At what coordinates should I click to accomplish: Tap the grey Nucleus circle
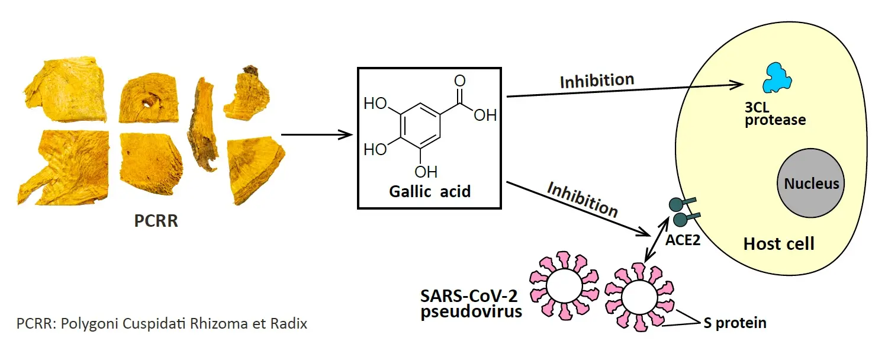811,183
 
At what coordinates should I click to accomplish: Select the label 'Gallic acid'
430,191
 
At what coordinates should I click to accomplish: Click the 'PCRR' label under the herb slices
156,222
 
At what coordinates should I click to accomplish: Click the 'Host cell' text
778,243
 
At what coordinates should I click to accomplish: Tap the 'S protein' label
735,323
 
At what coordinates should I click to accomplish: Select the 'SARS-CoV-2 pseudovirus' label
471,304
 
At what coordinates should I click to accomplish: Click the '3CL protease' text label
775,114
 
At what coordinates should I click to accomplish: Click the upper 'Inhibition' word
597,81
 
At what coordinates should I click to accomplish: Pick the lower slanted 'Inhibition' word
583,200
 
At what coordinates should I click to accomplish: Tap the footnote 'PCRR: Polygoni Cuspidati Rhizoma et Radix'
162,324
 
